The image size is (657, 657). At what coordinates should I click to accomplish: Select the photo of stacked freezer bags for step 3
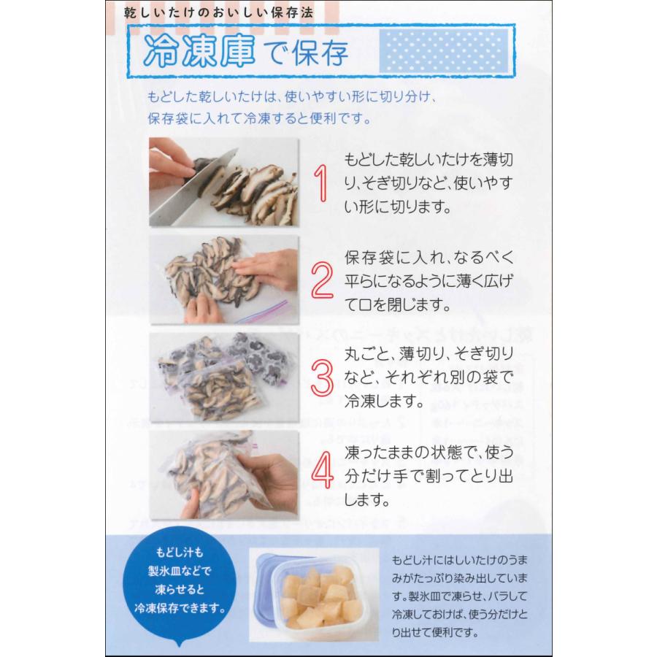[x=223, y=377]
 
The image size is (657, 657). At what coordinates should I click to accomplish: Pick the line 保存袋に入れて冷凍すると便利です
[x=262, y=118]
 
